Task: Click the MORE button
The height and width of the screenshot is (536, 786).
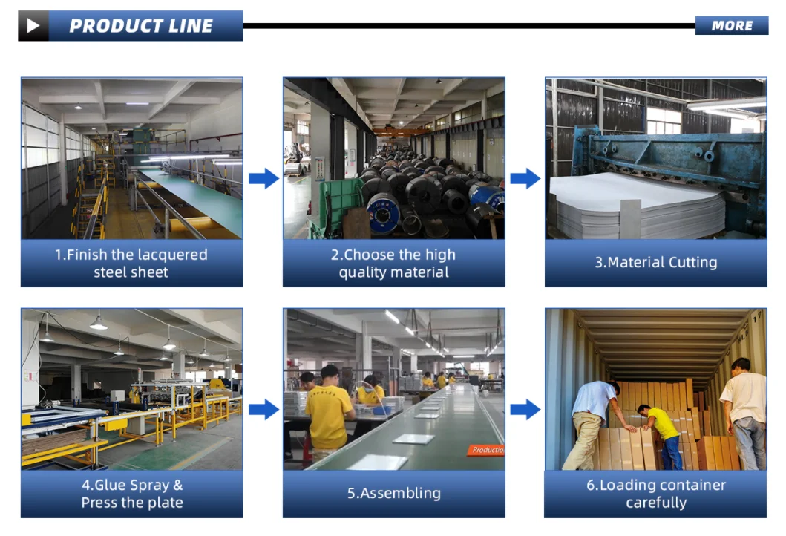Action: (732, 26)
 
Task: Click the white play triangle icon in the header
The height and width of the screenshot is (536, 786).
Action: (33, 26)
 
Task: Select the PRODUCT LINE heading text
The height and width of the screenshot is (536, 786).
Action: (141, 26)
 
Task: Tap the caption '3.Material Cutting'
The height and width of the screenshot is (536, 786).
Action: (655, 262)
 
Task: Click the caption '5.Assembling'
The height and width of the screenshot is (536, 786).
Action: (393, 493)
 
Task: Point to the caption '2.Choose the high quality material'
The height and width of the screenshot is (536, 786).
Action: (393, 264)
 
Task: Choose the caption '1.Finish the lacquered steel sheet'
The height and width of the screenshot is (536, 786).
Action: (131, 264)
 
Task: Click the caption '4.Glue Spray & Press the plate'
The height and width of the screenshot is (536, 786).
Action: (131, 494)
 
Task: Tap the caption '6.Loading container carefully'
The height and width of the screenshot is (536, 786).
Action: (655, 494)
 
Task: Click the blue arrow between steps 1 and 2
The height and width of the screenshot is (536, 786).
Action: (263, 178)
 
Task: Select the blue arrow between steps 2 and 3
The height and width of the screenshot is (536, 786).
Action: (525, 178)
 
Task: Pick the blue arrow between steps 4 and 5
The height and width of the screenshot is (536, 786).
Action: (263, 409)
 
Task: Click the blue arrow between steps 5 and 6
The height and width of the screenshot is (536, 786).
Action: (525, 409)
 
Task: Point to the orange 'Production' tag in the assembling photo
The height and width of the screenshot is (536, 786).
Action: (487, 450)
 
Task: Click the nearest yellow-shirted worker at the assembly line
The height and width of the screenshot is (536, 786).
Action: (329, 412)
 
